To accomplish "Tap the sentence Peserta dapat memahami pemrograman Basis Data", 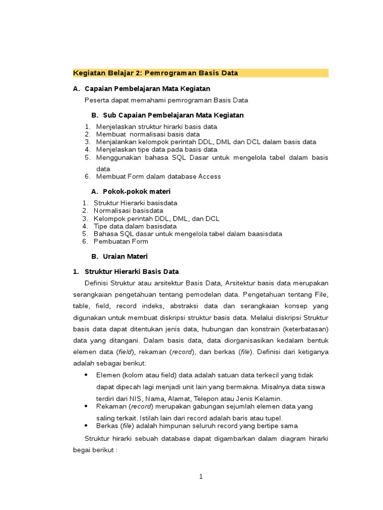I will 166,100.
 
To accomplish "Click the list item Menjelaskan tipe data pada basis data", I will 156,149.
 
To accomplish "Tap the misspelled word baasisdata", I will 265,234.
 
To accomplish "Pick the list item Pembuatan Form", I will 121,242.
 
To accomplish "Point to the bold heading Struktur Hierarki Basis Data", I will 132,271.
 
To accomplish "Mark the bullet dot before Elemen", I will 86,375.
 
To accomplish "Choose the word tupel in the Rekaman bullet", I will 273,418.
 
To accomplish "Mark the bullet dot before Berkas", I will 86,426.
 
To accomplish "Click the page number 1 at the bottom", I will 201,477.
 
